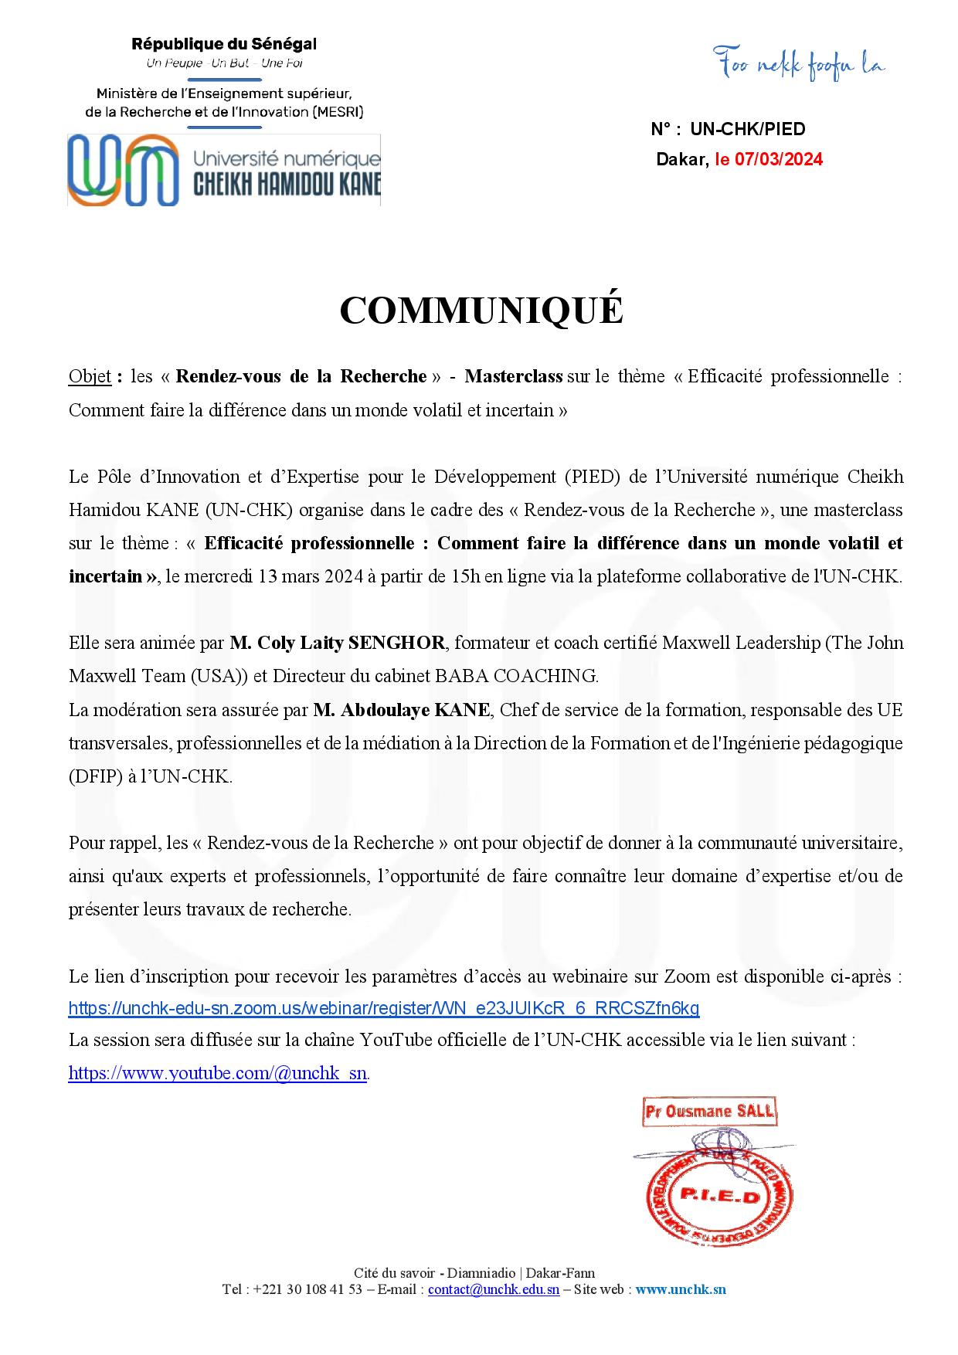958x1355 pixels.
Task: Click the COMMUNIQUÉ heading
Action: pyautogui.click(x=481, y=311)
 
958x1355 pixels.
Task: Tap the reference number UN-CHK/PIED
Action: pyautogui.click(x=748, y=129)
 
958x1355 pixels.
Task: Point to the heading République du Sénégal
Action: pyautogui.click(x=224, y=45)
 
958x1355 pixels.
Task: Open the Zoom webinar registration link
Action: pyautogui.click(x=384, y=1008)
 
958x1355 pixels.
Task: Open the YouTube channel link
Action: pyautogui.click(x=217, y=1073)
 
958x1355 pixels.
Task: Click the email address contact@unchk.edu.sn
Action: pyautogui.click(x=494, y=1289)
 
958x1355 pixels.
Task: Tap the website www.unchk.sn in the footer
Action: pyautogui.click(x=680, y=1289)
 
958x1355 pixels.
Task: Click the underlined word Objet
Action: pyautogui.click(x=90, y=376)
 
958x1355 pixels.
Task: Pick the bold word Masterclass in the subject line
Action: pyautogui.click(x=514, y=376)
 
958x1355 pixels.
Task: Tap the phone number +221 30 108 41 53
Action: pyautogui.click(x=307, y=1289)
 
